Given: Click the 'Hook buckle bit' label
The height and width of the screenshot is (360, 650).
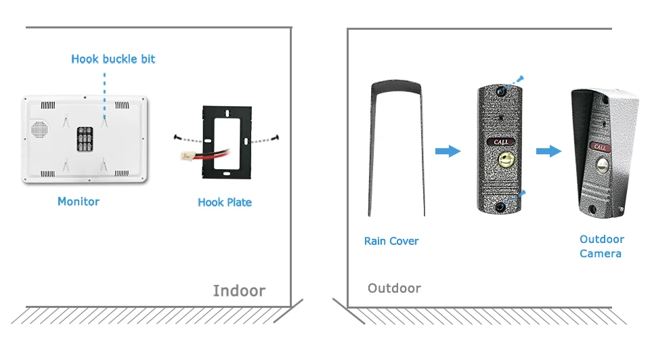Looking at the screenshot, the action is coord(113,60).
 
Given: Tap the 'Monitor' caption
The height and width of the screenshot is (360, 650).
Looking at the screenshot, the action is coord(79,202).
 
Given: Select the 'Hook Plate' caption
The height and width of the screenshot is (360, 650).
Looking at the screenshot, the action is coord(225,202).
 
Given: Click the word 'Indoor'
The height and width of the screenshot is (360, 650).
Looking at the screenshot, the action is coord(239,291).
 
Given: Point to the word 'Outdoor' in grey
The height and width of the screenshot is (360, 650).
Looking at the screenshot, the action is coord(394,288).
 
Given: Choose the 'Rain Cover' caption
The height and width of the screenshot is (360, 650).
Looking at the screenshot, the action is coord(391,241).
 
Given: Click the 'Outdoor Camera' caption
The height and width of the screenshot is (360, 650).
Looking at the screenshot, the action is coord(601,246).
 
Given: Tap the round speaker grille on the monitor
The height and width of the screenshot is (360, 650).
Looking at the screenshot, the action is coord(39,129).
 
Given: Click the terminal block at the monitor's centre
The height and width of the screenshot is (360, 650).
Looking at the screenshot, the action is coord(85,139).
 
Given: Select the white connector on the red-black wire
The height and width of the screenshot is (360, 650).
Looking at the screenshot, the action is coord(186,156).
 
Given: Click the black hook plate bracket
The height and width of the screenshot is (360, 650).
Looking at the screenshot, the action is coord(227,143).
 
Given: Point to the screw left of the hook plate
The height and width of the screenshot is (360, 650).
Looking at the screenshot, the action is coord(177,137).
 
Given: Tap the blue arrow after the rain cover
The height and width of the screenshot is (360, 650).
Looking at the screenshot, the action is coord(448,151).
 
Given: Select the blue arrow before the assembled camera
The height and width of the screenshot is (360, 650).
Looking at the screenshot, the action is coord(549,151).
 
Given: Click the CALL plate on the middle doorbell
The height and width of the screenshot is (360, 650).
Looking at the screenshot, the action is coord(501,142).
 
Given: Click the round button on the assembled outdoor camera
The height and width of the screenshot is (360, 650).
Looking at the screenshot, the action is coord(603,165).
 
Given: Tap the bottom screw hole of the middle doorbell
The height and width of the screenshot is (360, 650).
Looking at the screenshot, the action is coord(500,207).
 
